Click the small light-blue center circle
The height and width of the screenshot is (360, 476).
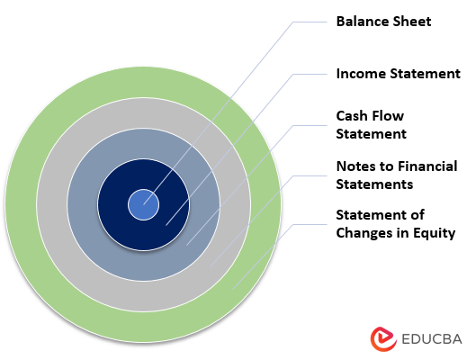click(143, 205)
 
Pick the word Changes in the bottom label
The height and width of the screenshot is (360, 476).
click(366, 233)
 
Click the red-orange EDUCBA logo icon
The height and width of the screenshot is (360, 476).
click(383, 339)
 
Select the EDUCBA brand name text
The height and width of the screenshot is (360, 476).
click(433, 340)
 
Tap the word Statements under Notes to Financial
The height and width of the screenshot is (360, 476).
click(374, 184)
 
